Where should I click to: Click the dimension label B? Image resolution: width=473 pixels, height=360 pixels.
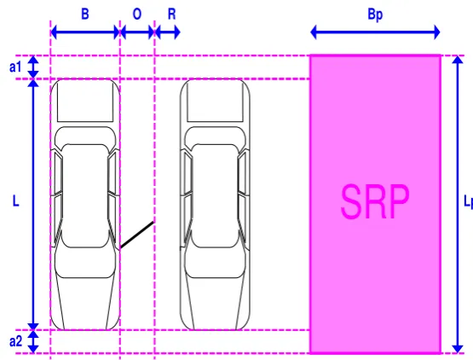[85, 14]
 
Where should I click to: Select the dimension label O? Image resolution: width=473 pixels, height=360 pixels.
[137, 14]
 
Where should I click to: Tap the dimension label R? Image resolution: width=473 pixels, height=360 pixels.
[171, 14]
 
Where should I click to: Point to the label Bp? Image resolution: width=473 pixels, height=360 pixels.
[375, 15]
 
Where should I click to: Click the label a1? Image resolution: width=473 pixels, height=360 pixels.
[15, 67]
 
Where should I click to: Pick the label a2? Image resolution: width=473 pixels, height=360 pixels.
[15, 341]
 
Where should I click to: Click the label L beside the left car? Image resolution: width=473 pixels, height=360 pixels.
[15, 200]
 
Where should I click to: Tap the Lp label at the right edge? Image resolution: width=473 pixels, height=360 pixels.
[468, 201]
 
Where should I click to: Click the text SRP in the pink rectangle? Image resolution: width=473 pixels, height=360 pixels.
[375, 201]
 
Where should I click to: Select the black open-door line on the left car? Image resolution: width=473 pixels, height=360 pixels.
[137, 235]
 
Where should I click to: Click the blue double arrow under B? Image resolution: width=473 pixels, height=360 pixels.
[85, 32]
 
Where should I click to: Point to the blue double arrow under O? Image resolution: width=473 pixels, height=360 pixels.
[137, 32]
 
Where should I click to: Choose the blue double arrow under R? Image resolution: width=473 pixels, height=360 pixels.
[168, 32]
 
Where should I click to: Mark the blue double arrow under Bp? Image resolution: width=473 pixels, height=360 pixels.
[375, 32]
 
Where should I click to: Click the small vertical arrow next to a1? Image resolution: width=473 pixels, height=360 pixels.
[33, 67]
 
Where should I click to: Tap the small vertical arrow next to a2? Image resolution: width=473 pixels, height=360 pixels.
[33, 341]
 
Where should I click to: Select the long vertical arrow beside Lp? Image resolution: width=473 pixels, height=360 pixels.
[458, 205]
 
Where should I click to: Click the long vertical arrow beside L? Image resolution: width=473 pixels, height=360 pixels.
[33, 205]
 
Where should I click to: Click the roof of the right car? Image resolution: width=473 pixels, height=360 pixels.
[215, 195]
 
